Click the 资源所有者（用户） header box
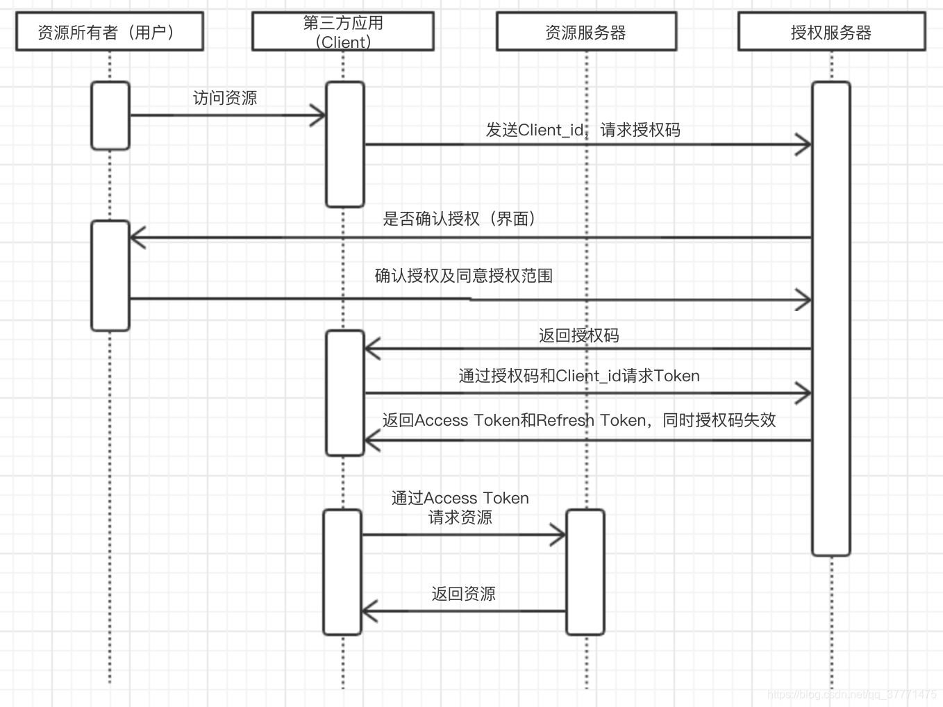[110, 32]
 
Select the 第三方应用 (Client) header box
[343, 32]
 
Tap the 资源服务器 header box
[586, 32]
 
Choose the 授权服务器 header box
[831, 32]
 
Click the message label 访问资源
[225, 98]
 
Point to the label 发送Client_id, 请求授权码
[583, 130]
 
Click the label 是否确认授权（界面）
[459, 219]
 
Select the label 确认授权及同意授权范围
[464, 276]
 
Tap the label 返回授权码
[578, 335]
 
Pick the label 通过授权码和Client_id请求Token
[578, 376]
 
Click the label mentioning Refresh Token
[578, 420]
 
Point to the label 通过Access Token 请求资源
[460, 508]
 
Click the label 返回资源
[463, 594]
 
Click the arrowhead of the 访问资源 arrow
[320, 115]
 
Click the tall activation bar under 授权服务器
[831, 319]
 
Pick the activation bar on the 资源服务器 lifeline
[585, 572]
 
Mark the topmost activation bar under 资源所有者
[110, 115]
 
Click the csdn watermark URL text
[852, 694]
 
